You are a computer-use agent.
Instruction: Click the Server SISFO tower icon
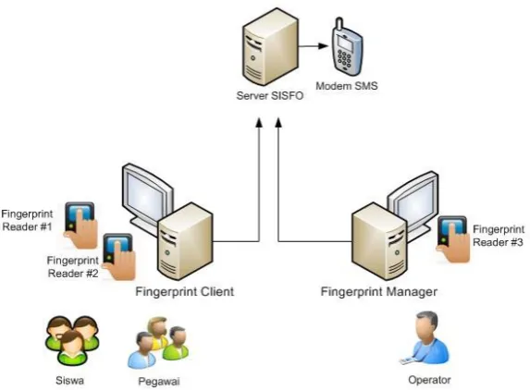270,47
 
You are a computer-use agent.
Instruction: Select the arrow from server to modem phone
314,45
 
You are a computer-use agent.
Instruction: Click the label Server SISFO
270,95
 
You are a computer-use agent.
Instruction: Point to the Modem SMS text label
347,86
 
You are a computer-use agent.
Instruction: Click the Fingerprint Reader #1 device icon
80,225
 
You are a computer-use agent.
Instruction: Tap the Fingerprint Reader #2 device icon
118,256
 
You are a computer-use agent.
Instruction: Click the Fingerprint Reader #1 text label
27,220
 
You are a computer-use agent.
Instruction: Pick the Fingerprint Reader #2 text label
73,267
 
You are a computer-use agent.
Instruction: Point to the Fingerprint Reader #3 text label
499,236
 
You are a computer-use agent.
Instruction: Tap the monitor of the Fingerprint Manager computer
413,201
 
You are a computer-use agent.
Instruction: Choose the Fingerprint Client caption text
185,291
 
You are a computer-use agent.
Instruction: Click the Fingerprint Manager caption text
379,292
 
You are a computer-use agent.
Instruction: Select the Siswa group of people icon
72,340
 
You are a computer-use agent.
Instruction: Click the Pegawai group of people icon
158,342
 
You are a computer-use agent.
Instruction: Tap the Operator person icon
425,338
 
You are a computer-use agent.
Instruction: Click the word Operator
429,380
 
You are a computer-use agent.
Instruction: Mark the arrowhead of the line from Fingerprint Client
259,123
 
